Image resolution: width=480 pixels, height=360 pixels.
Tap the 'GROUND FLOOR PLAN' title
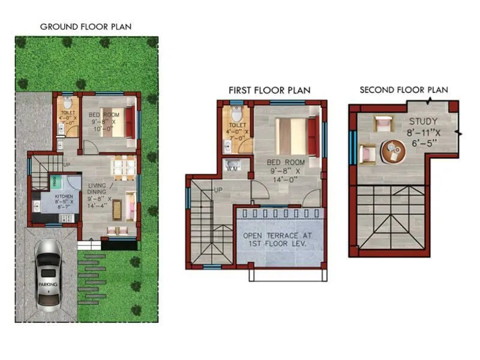(86, 26)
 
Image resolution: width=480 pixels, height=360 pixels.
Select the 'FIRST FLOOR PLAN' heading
(269, 90)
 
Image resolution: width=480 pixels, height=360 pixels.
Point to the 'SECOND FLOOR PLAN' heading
(404, 90)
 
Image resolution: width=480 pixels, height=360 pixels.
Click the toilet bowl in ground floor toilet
(67, 100)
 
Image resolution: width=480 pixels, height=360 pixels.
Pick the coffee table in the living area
(117, 207)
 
